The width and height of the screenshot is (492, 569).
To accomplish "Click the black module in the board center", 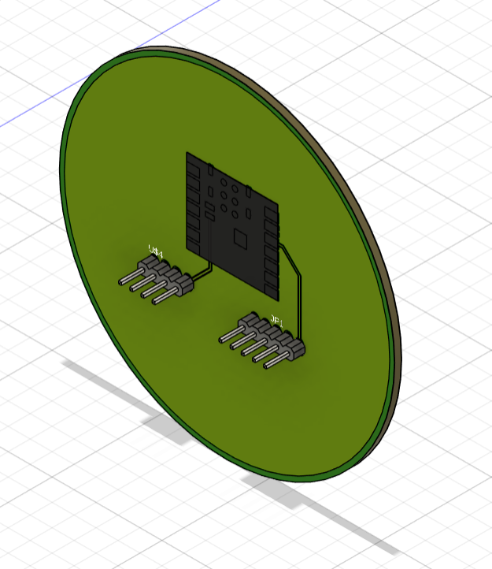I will (x=232, y=225).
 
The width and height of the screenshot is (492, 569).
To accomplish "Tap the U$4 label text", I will (x=156, y=252).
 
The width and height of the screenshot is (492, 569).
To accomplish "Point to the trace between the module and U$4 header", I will (x=202, y=272).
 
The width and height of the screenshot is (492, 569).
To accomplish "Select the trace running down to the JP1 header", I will (x=298, y=292).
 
